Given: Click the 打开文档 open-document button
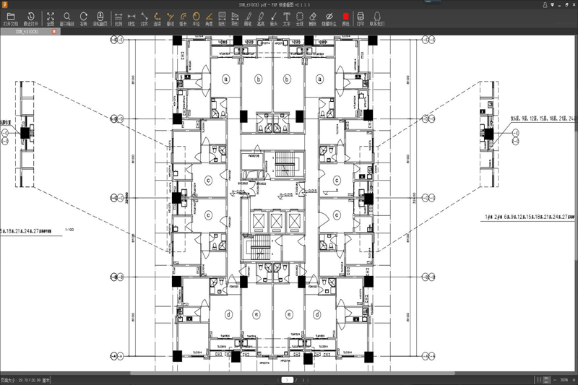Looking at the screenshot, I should pos(11,18).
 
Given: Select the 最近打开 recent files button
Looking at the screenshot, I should pos(31,18).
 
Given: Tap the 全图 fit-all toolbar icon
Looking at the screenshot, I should pos(51,18).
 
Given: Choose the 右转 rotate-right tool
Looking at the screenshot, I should pos(84,18).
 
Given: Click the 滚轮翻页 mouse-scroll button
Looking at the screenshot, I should pos(100,18).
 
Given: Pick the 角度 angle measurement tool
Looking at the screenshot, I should pos(209,18).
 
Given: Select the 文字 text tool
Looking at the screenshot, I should pos(287,18).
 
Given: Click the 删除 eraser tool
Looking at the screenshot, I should pos(312,18).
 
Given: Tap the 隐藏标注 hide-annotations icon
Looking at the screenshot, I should pos(329,18).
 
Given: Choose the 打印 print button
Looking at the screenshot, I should pos(361,18).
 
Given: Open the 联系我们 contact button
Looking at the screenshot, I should pos(377,18).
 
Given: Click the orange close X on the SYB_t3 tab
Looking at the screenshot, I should pos(54,32).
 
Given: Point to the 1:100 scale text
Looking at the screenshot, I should pos(69,230).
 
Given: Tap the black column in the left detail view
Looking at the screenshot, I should pos(25,132).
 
